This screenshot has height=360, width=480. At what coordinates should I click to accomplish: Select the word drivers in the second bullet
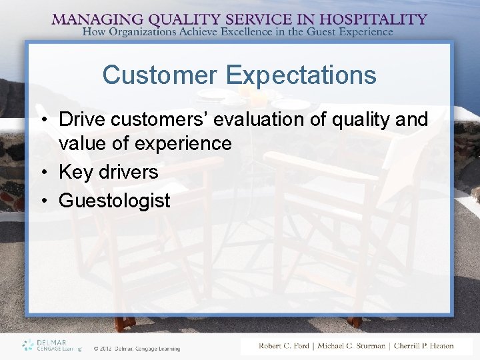(129, 172)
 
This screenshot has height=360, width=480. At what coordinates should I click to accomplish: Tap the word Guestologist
(115, 201)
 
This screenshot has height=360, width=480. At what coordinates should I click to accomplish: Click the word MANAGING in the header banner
(95, 19)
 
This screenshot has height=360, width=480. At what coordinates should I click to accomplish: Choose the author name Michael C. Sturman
(351, 346)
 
